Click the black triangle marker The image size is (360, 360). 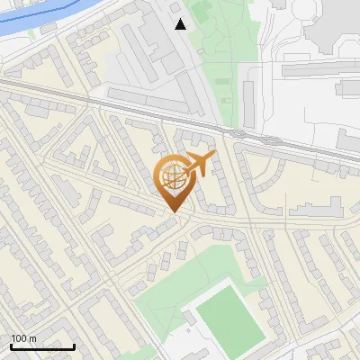pos(181,24)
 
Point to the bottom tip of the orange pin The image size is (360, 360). pos(172,212)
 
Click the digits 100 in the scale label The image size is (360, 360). pos(17,338)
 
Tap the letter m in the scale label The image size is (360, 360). pos(31,338)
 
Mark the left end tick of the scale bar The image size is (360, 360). pos(11,346)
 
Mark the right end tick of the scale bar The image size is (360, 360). pos(74,346)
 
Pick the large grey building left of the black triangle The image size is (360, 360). pos(148,45)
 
